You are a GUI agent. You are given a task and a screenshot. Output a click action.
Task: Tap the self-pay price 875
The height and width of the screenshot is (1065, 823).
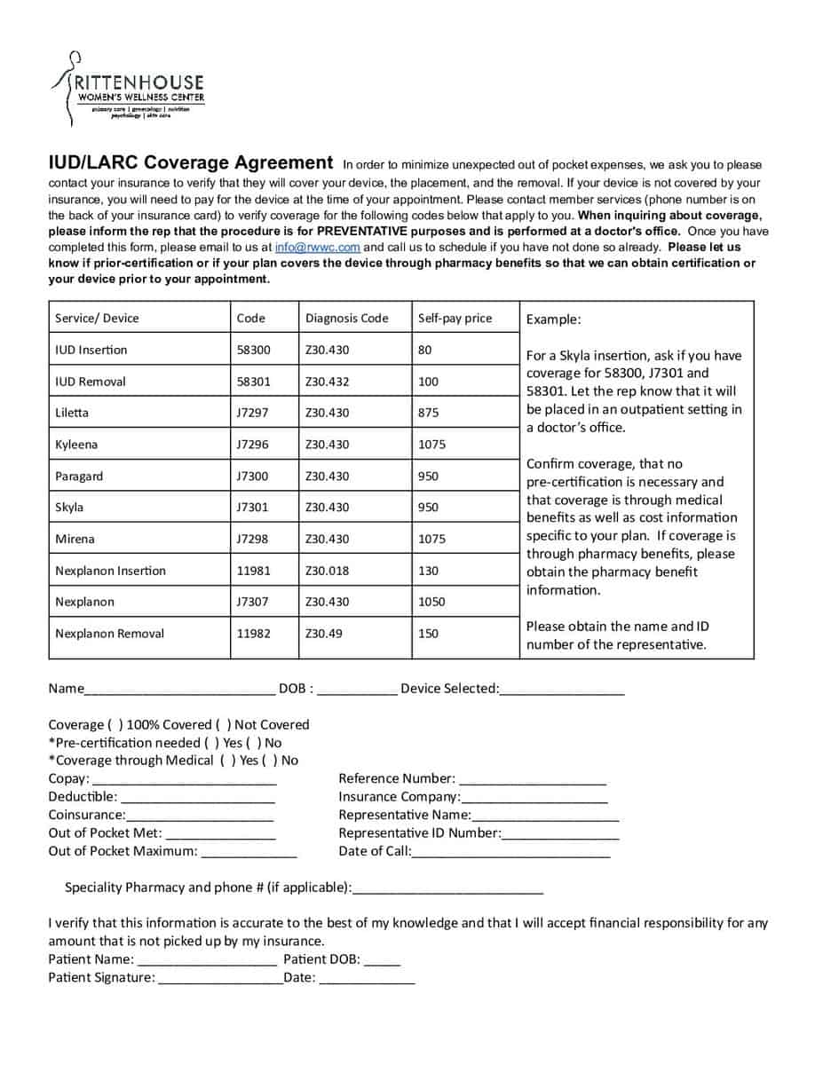click(428, 413)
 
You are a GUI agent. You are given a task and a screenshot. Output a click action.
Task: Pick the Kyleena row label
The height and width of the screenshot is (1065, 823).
click(76, 445)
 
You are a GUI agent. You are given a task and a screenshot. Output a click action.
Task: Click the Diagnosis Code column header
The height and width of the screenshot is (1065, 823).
click(346, 319)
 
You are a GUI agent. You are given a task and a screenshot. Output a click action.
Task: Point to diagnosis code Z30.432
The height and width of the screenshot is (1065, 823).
click(327, 382)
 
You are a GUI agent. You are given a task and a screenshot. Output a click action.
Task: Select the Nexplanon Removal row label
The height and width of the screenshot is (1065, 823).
click(109, 634)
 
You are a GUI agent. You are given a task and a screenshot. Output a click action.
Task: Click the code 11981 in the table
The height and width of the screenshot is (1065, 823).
click(253, 571)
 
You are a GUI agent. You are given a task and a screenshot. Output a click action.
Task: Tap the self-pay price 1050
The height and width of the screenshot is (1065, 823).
click(431, 602)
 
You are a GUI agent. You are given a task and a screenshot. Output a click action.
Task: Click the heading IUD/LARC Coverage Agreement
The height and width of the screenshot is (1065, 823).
click(191, 162)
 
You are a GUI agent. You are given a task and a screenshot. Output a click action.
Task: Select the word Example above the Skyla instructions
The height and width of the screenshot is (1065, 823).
click(553, 319)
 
